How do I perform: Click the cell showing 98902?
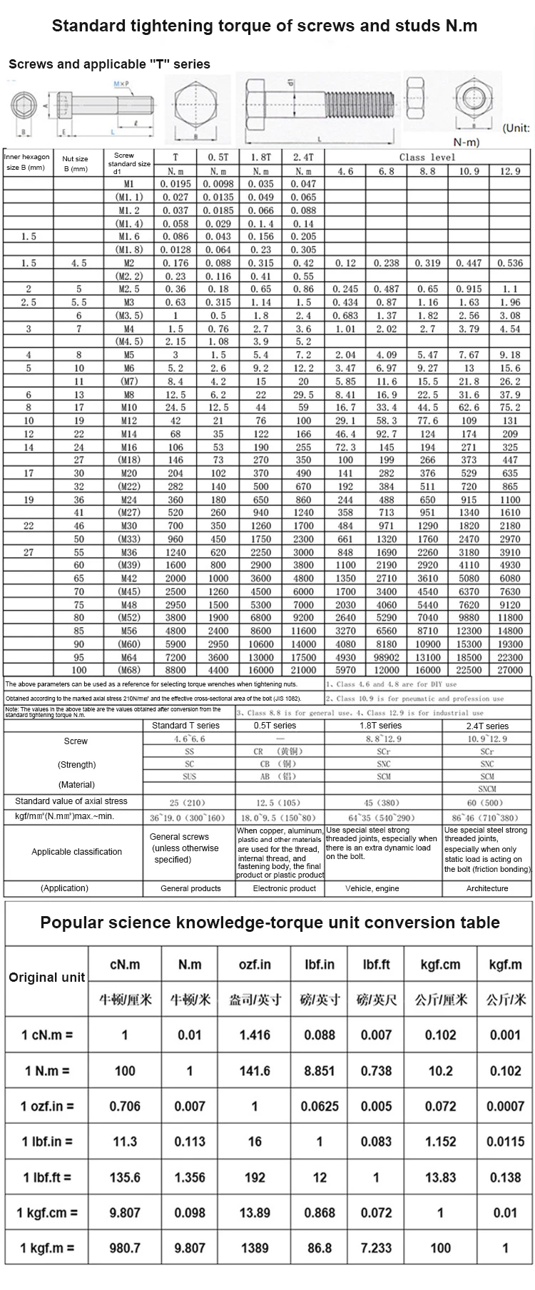point(386,657)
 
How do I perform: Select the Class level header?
point(427,157)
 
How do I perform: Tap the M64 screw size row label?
point(128,657)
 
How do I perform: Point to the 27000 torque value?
point(509,670)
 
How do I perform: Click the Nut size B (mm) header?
point(75,164)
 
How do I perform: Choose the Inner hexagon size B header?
point(27,162)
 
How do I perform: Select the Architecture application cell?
point(486,888)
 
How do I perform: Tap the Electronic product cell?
point(284,888)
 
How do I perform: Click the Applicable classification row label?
point(76,851)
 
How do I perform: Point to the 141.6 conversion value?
point(255,1070)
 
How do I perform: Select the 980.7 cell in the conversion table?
point(125,1248)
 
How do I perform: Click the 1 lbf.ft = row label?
point(47,1177)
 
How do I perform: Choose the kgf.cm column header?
point(440,965)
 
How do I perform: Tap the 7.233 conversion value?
point(376,1248)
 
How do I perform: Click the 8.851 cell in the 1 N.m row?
point(319,1070)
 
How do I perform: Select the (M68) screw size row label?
point(128,670)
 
